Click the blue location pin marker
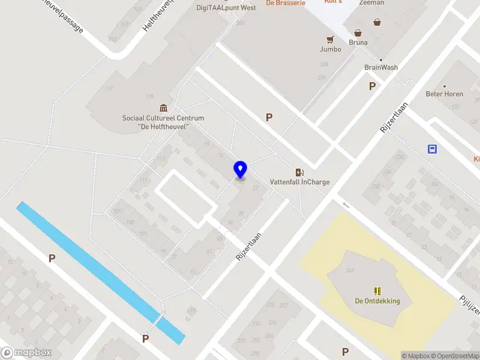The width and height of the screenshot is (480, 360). coord(240,169)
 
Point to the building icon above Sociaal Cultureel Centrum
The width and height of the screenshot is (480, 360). coord(163,108)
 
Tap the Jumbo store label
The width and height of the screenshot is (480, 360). coord(330,49)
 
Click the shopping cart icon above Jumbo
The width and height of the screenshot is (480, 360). coord(330,39)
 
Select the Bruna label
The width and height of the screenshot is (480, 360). coord(358,43)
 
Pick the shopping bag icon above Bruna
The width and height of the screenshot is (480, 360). coord(358,33)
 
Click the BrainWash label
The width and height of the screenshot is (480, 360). coord(381,68)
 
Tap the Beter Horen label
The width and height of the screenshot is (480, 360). coord(444,94)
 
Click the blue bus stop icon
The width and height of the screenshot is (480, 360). coord(432,149)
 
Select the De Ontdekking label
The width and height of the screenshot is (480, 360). coord(377,301)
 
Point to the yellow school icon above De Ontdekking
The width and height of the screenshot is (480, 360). coord(377,291)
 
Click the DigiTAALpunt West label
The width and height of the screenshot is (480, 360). coord(226,8)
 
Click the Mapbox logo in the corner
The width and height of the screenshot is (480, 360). coord(26,353)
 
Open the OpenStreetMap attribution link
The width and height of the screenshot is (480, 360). coord(454,356)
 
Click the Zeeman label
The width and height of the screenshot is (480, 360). coord(371,3)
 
